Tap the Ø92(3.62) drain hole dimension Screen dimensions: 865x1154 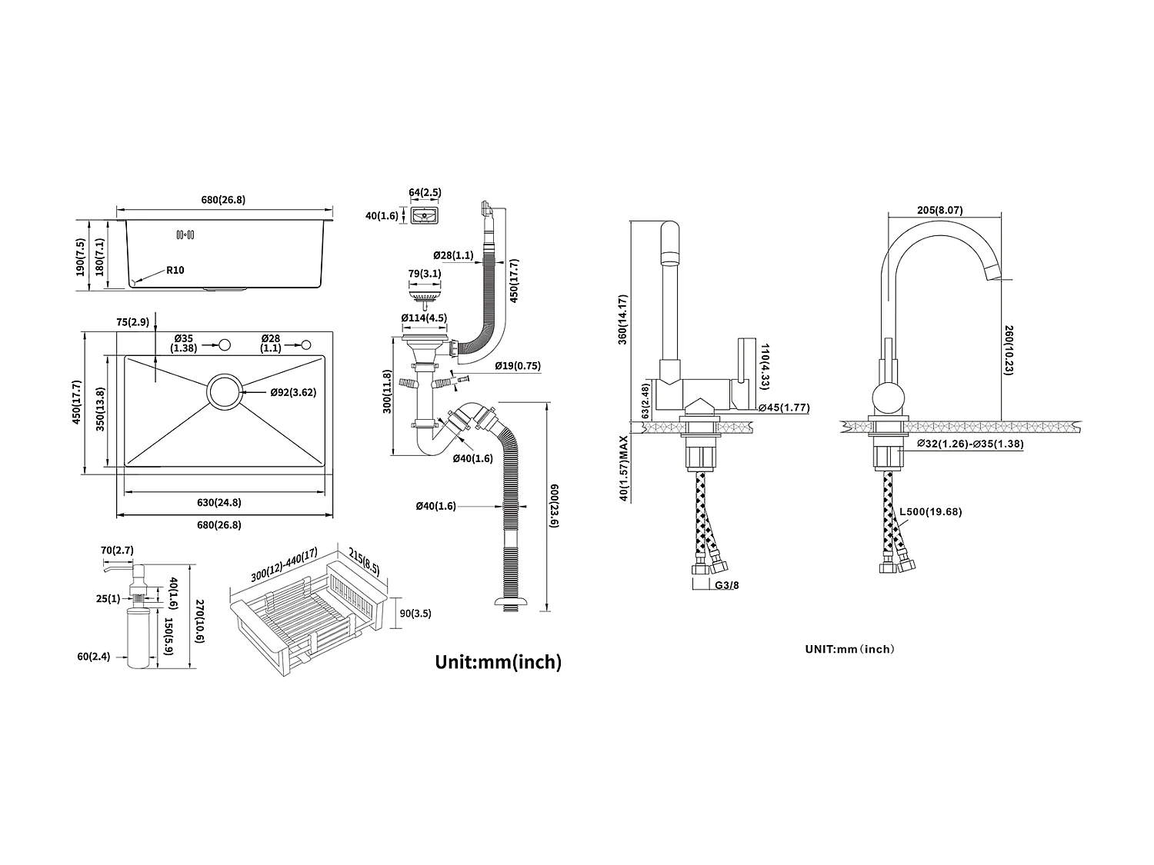(x=293, y=392)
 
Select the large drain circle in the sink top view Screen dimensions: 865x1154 (x=224, y=392)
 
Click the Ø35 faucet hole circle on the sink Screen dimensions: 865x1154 (x=225, y=344)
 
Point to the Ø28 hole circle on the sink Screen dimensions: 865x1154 (x=306, y=344)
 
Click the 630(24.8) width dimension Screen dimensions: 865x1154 (x=218, y=503)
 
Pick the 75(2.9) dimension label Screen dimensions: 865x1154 (x=132, y=322)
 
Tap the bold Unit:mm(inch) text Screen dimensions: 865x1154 (x=498, y=661)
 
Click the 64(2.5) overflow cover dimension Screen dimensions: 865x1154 (x=425, y=192)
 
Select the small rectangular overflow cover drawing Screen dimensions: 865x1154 (x=425, y=216)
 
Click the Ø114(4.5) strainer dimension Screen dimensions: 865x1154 (x=424, y=318)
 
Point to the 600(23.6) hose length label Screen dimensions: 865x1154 (x=554, y=506)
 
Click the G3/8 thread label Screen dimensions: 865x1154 (x=727, y=585)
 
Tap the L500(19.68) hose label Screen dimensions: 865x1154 (x=932, y=512)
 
